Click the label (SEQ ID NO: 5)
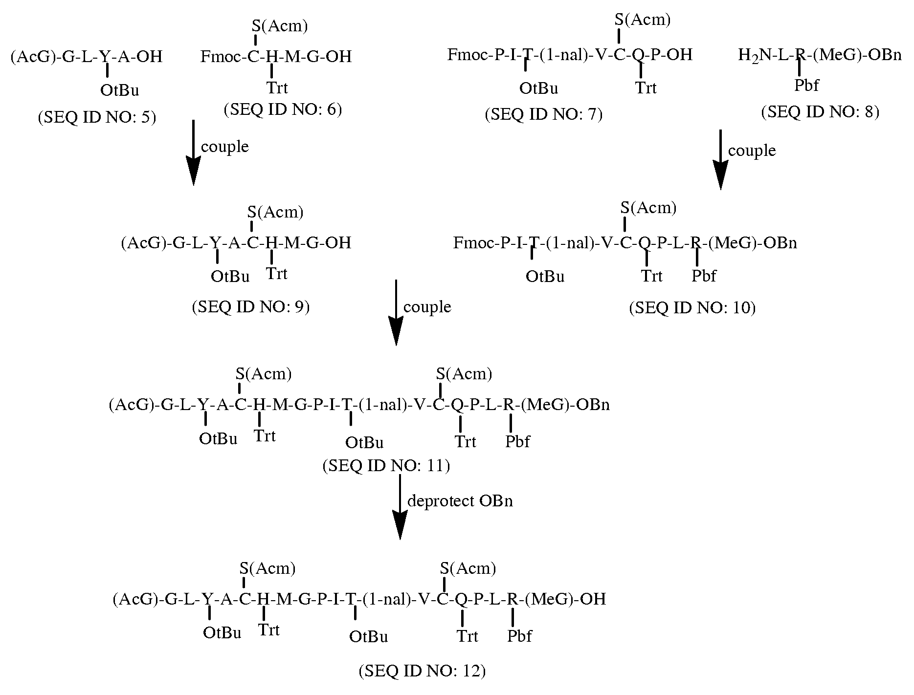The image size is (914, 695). coord(97,118)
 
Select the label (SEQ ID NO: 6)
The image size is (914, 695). coord(283,109)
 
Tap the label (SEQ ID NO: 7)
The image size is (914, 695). coord(544,114)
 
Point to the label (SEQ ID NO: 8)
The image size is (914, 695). coord(820,112)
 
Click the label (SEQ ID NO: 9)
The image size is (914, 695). coord(251,306)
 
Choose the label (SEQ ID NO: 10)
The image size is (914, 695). coord(692,307)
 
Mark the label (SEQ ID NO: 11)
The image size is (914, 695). coord(386,465)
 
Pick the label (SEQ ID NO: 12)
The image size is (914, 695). coord(422,671)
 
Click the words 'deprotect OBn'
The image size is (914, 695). coord(460,501)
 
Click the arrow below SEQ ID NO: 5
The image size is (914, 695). coord(193,152)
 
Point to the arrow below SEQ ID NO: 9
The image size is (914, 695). coord(395,312)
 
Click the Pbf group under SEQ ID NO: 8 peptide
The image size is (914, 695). coord(806,85)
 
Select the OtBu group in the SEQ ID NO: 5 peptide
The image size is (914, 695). coord(120,90)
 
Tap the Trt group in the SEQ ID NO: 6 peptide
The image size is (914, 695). coord(277,88)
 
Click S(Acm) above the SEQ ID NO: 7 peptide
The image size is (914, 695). coord(643,20)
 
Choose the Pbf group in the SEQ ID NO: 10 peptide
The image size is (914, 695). coord(704,276)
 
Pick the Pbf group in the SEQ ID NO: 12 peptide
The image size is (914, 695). coord(519,636)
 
